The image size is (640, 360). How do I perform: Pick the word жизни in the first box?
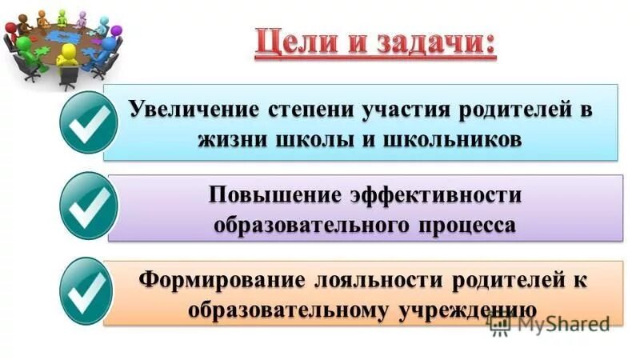229,138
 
